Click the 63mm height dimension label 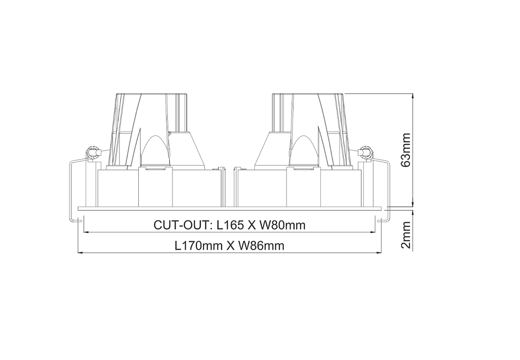406,150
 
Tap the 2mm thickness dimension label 406,235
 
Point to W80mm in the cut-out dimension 282,225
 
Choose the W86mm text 262,246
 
